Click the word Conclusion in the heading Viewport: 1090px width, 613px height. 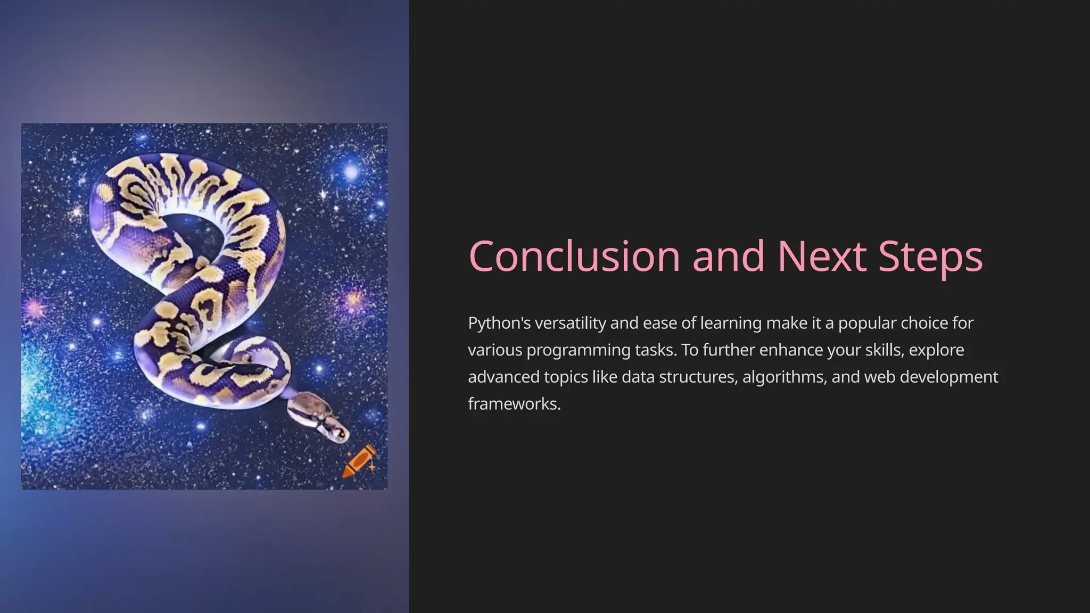point(574,256)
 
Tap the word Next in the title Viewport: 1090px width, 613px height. point(821,256)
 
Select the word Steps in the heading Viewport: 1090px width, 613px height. point(930,256)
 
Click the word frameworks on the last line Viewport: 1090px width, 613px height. point(514,404)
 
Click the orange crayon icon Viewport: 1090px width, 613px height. point(359,461)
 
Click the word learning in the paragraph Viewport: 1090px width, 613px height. point(731,323)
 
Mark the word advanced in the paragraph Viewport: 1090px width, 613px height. point(503,377)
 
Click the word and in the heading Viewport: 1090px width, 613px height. point(729,256)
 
